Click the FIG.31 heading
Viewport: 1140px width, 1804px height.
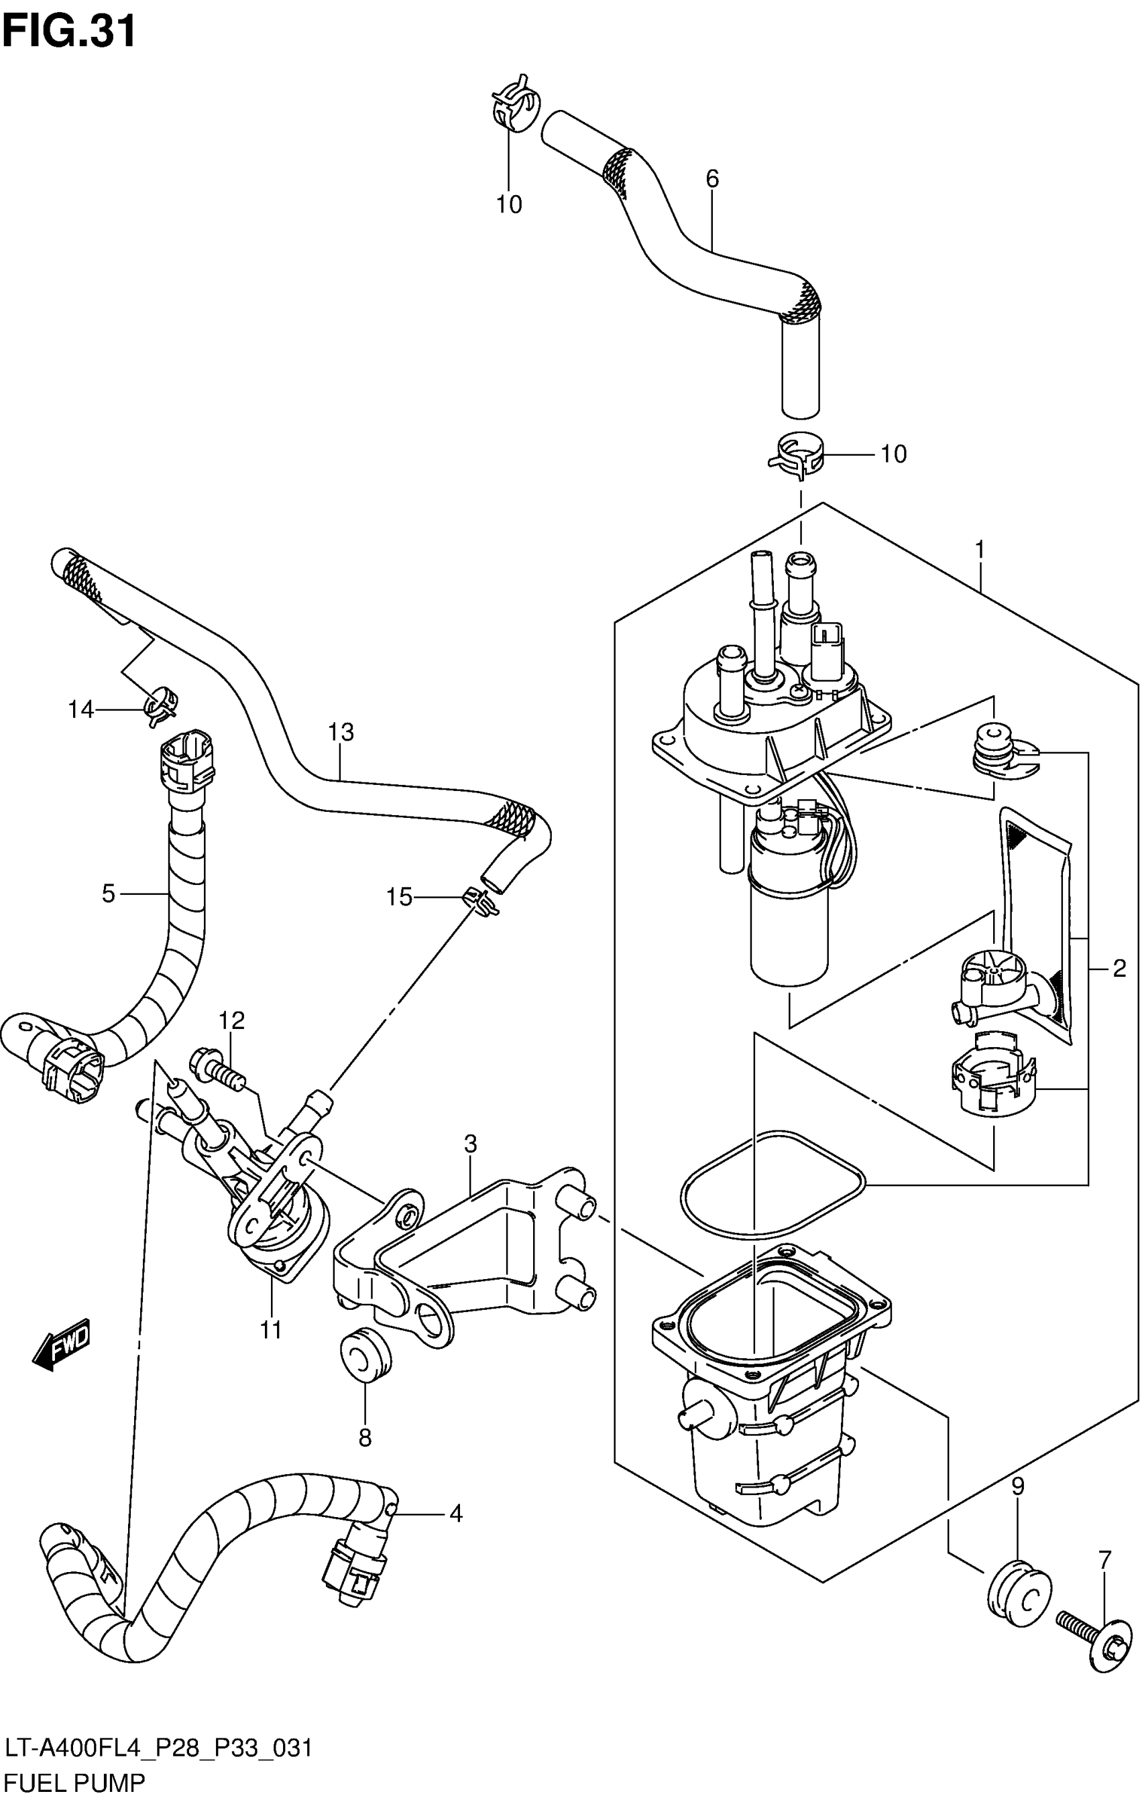(69, 32)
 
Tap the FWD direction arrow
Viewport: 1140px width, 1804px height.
(62, 1343)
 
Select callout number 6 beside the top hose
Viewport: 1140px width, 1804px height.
(711, 178)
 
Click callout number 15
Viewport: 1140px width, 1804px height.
(399, 897)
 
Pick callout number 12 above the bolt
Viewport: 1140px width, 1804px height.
(231, 1020)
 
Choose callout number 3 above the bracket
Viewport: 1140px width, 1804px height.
(470, 1144)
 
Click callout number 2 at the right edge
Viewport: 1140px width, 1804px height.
(1119, 969)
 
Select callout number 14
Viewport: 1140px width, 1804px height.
(81, 709)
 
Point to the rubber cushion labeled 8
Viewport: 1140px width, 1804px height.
(365, 1353)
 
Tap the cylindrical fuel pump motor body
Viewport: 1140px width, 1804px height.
(789, 931)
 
